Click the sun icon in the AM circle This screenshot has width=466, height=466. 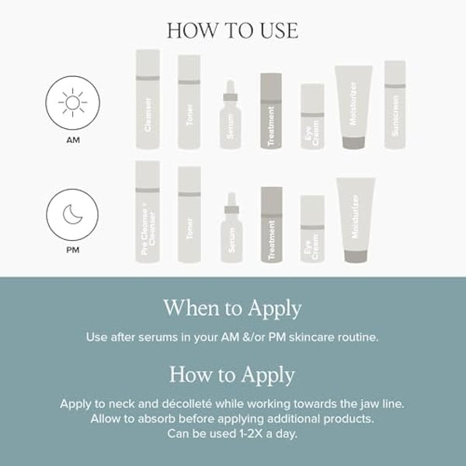tap(72, 103)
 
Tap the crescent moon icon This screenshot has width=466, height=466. tap(72, 214)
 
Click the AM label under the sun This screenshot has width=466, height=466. tap(73, 140)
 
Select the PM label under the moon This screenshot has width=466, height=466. tap(73, 250)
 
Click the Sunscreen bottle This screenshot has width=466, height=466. tap(395, 105)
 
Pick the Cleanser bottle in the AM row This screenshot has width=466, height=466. tap(148, 99)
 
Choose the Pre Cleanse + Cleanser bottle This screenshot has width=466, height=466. tap(148, 212)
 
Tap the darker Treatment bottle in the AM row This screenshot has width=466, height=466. tap(271, 111)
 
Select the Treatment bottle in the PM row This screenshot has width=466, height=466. tap(272, 224)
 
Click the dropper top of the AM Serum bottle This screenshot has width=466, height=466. tap(231, 90)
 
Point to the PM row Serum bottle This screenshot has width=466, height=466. tap(231, 228)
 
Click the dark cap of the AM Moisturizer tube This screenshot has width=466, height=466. tap(353, 143)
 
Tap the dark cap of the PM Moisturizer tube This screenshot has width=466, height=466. tap(356, 256)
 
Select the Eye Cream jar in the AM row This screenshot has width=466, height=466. tap(312, 116)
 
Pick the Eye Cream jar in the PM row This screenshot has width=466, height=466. tap(312, 229)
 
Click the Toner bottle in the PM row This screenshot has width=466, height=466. tap(190, 215)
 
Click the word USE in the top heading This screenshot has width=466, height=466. tap(279, 30)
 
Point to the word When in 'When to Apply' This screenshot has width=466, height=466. tap(188, 308)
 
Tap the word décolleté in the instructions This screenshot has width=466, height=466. tap(187, 404)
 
